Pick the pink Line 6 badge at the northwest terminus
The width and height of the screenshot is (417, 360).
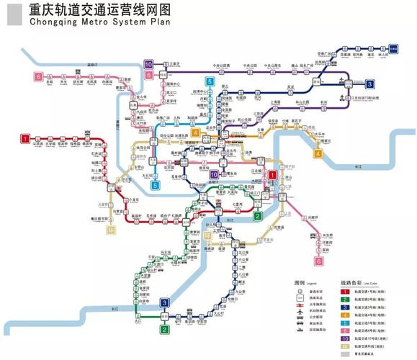pyautogui.click(x=37, y=76)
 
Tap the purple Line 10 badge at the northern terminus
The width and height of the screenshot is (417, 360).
pyautogui.click(x=148, y=64)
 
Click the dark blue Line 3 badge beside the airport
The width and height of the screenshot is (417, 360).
pyautogui.click(x=369, y=84)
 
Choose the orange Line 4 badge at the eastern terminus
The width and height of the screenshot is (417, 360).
pyautogui.click(x=318, y=153)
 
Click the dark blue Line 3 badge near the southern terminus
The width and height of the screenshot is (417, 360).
pyautogui.click(x=164, y=302)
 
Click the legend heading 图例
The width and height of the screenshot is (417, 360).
pyautogui.click(x=300, y=283)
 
